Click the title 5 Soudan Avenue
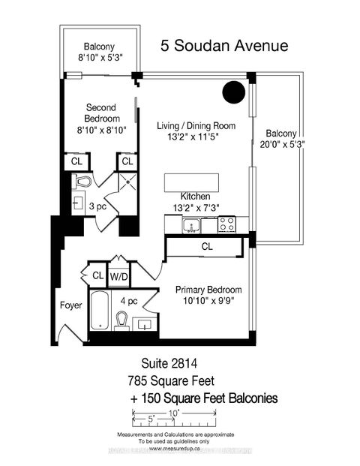coord(223,47)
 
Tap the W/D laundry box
coord(120,276)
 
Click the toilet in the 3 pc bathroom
coord(82,182)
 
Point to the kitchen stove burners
coord(226,224)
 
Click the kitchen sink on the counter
coord(190,224)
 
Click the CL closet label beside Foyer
coord(97,276)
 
